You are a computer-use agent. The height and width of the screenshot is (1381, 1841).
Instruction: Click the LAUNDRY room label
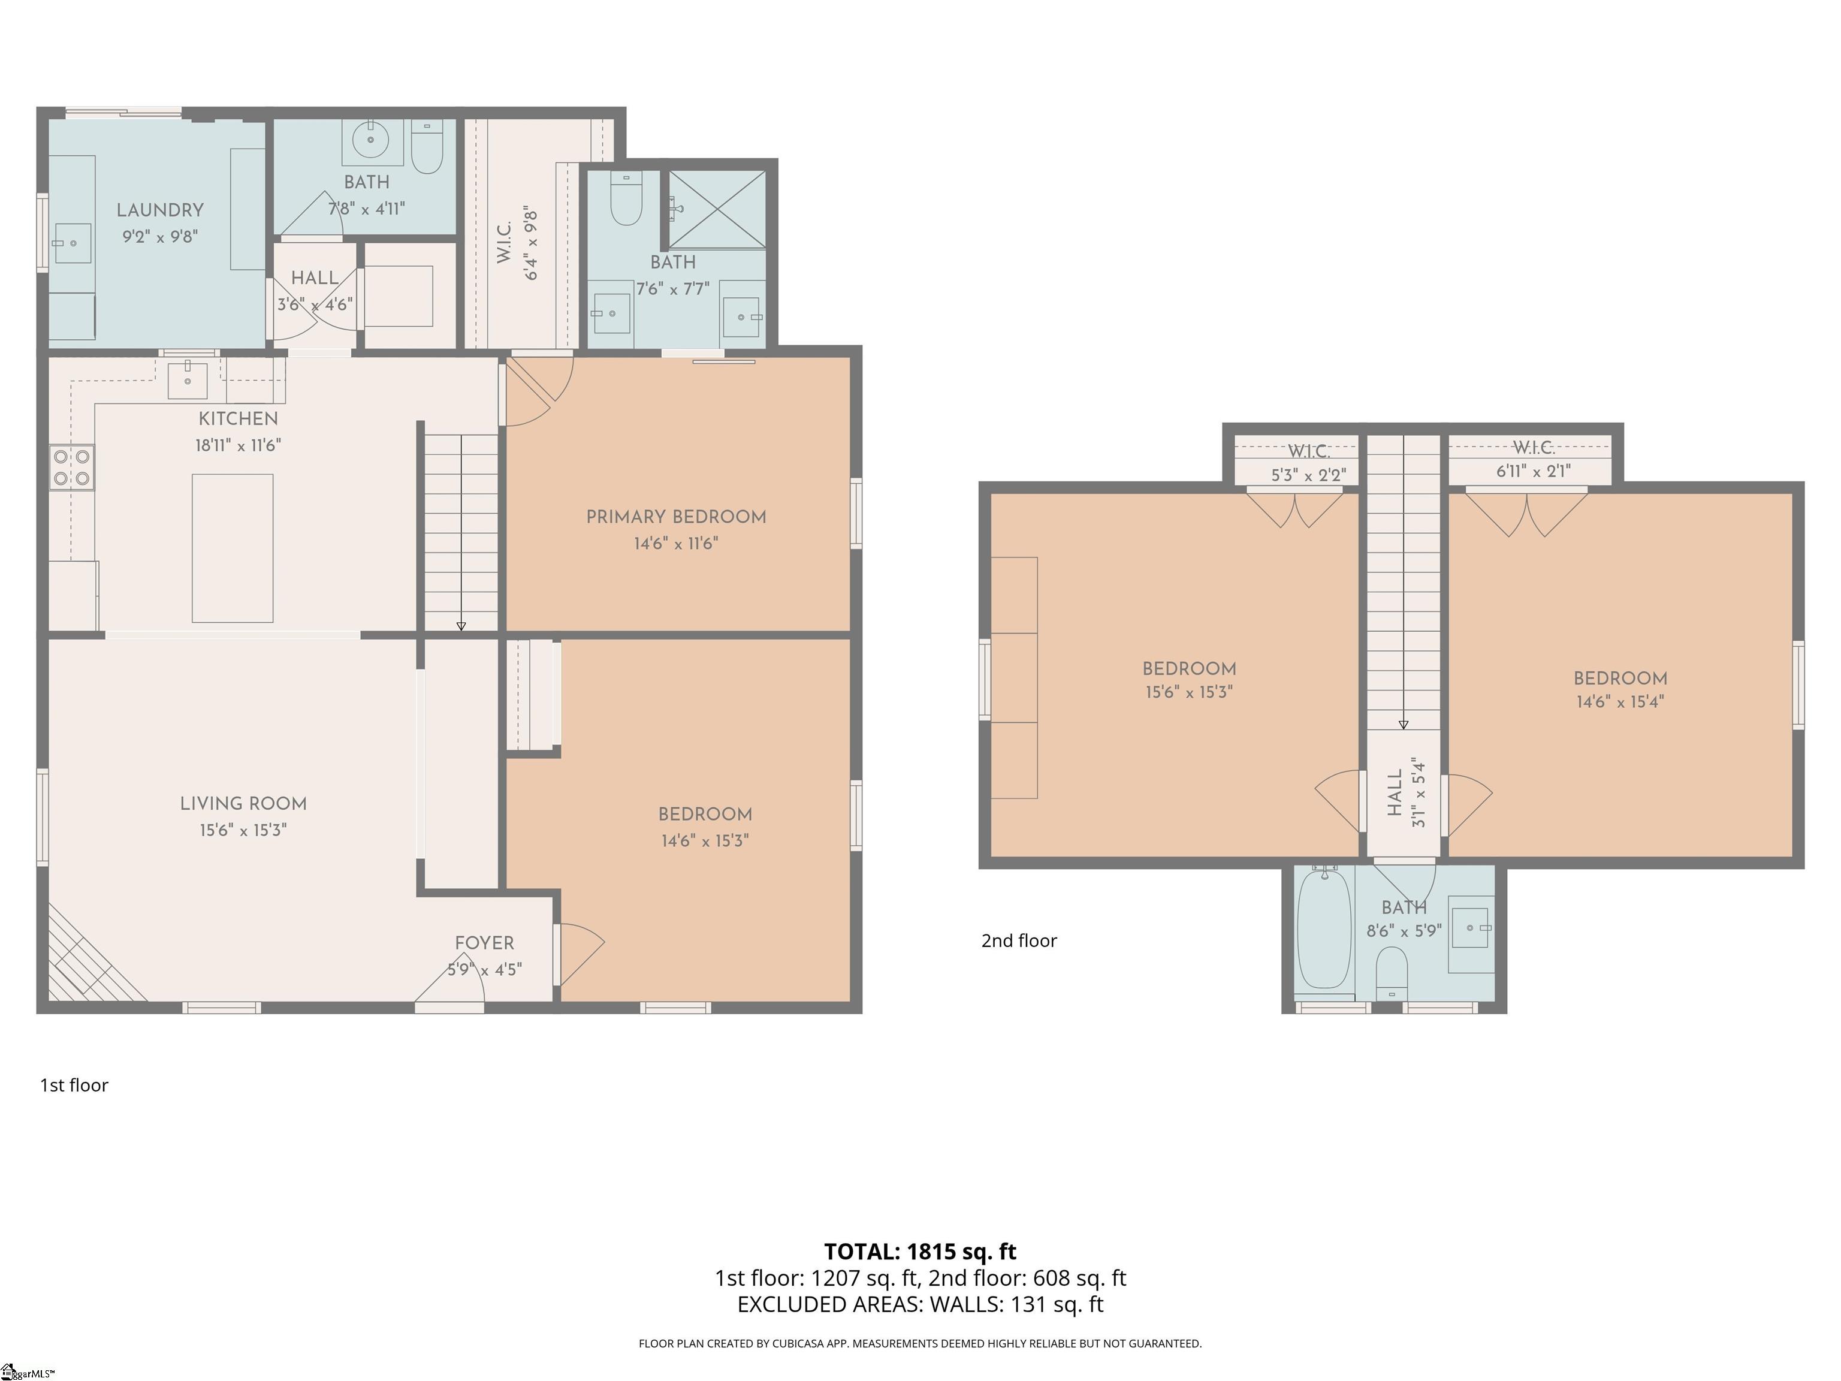(160, 210)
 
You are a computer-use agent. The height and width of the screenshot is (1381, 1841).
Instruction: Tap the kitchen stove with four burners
(71, 467)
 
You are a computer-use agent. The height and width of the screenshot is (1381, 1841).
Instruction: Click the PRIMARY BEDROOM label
(676, 517)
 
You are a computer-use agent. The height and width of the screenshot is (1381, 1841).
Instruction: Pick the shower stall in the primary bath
(717, 209)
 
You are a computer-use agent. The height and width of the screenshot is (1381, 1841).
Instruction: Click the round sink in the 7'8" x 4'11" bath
(370, 139)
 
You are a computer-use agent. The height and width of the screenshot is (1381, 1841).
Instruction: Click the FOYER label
(484, 943)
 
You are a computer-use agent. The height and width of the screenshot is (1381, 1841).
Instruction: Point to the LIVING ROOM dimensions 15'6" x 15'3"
(243, 830)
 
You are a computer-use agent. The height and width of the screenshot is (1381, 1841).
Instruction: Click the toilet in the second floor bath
(1392, 975)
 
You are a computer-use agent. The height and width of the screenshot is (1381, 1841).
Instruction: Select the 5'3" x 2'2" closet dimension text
(1308, 475)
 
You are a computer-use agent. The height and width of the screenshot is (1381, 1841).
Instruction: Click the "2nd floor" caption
(1019, 940)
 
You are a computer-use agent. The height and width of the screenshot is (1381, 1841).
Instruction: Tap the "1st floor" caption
(74, 1085)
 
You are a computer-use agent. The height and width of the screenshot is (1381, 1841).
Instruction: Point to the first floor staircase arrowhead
(461, 626)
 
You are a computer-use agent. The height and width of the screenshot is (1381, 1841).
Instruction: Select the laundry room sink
(73, 243)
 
